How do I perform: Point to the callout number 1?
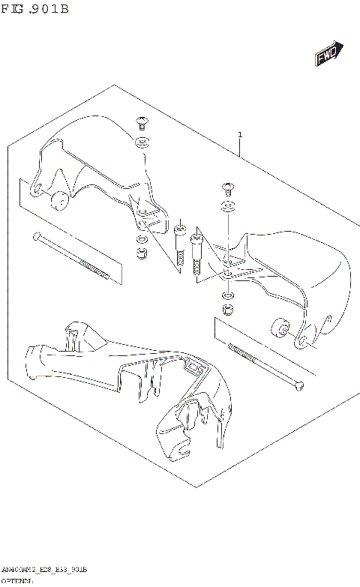240,135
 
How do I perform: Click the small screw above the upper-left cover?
141,122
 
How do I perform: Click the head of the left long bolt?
35,237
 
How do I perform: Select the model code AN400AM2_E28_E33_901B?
45,569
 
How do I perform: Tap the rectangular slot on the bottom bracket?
193,367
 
